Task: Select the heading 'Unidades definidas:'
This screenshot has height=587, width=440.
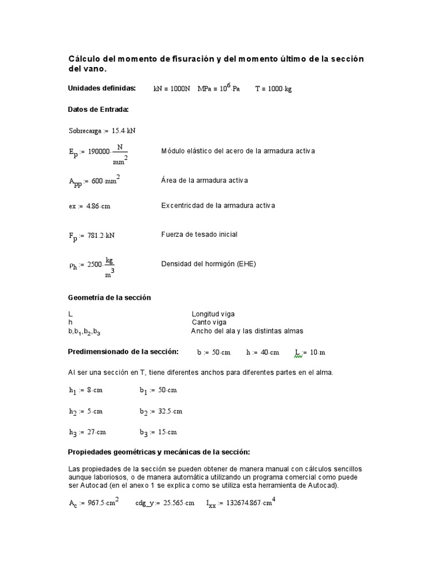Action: point(102,88)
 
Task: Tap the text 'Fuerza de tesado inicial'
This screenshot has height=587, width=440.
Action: point(199,234)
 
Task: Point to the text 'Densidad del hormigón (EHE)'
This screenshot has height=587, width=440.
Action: point(209,264)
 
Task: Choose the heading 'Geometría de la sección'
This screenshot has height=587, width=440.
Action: point(109,298)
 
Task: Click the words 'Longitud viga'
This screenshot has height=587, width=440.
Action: point(213,314)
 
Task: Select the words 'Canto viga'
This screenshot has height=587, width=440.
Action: point(208,322)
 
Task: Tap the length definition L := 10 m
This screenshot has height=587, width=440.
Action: point(310,353)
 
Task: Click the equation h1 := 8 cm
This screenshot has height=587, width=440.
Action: point(85,391)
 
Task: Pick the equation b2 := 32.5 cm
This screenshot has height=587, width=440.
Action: point(161,412)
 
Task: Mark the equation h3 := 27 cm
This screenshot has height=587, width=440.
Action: point(87,432)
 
